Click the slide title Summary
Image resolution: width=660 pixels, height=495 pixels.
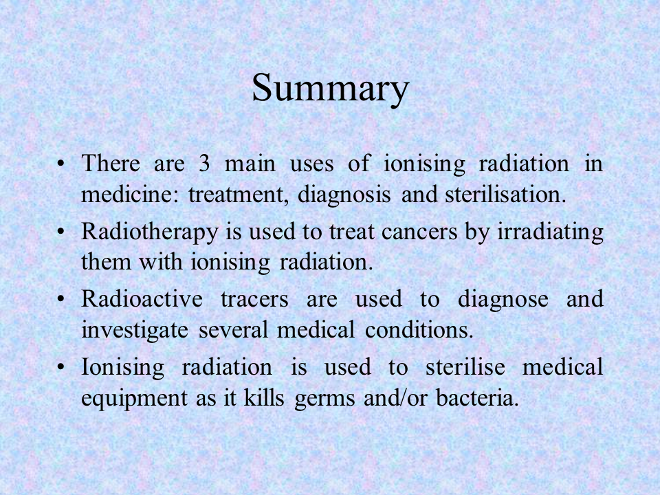click(x=331, y=87)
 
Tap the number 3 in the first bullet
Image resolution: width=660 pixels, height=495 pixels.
click(x=204, y=164)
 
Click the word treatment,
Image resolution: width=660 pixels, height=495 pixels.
click(x=239, y=195)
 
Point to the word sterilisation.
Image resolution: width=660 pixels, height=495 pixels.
click(x=505, y=195)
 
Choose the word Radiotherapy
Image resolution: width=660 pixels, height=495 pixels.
click(x=150, y=232)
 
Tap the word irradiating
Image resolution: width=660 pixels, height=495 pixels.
click(x=550, y=232)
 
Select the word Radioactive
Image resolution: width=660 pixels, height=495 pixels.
click(x=142, y=299)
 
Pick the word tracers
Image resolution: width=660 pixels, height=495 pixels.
click(x=254, y=300)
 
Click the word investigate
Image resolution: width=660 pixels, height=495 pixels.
click(x=135, y=329)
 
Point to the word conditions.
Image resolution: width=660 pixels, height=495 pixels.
click(x=419, y=329)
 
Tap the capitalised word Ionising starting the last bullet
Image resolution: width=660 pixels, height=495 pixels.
click(x=122, y=367)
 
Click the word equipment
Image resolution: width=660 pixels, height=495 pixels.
click(x=134, y=398)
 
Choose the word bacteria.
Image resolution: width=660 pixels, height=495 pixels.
click(x=477, y=397)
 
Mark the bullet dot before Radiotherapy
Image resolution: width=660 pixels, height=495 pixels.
click(x=61, y=232)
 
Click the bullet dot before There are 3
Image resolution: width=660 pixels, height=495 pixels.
click(x=61, y=164)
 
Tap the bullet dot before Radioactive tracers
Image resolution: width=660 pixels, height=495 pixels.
click(x=61, y=299)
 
